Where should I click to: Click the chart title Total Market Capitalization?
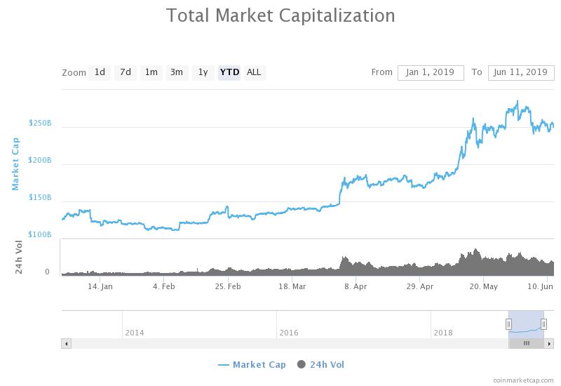coord(280,15)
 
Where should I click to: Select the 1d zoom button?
coord(100,72)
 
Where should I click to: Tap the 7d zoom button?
coord(125,72)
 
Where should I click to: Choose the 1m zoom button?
coord(151,72)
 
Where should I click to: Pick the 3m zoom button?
coord(177,72)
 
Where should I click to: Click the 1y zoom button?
coord(203,72)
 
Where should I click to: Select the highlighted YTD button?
coord(229,72)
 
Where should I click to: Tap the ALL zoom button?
coord(254,72)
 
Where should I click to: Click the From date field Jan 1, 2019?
coord(431,72)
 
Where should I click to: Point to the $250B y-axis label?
coord(40,123)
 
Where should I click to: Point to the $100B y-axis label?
coord(40,234)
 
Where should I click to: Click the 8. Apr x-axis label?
coord(356,286)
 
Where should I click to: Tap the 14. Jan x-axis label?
coord(101,286)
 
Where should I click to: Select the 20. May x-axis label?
coord(483,286)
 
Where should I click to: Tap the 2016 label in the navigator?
coord(289,332)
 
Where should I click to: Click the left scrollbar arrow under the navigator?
coord(67,343)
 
